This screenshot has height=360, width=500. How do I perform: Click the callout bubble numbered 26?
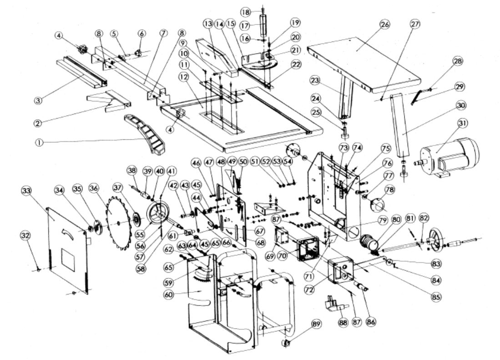click(x=385, y=25)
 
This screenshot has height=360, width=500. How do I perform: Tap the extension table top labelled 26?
click(x=364, y=64)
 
